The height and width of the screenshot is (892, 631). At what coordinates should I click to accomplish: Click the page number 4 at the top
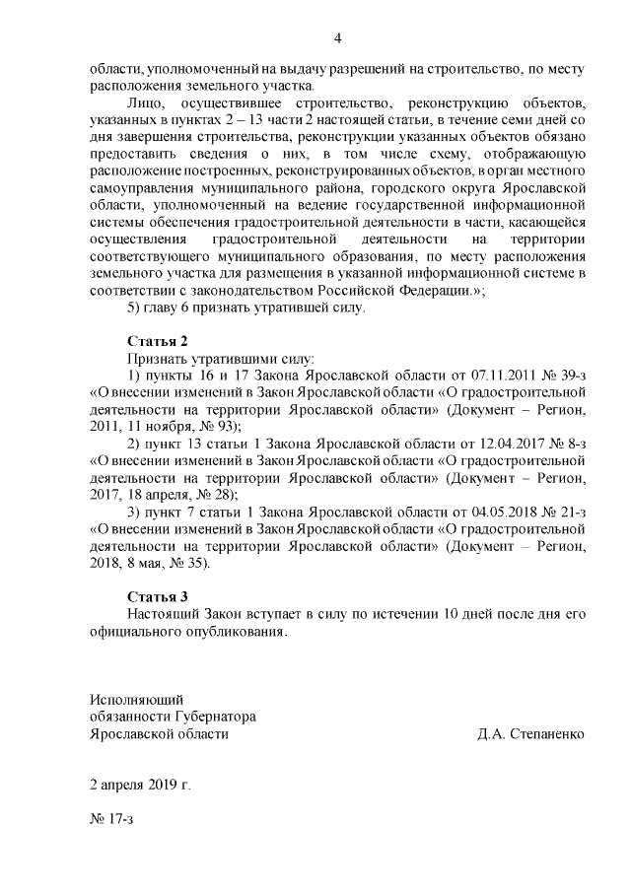(337, 39)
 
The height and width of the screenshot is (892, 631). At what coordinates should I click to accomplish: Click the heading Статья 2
(157, 341)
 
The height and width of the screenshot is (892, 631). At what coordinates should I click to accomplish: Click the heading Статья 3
(157, 596)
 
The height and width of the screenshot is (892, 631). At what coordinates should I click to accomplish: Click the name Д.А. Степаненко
(530, 734)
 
